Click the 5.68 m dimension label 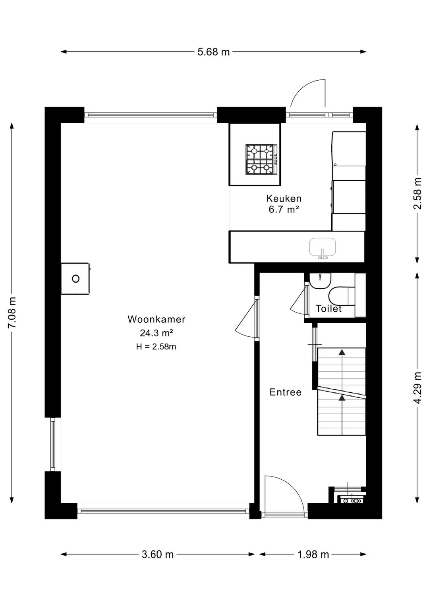(x=213, y=52)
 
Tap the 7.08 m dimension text (x=12, y=313)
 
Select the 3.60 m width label (x=158, y=555)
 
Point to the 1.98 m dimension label (x=313, y=555)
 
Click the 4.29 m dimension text (x=417, y=388)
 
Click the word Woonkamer (x=157, y=319)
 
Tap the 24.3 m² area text (x=157, y=333)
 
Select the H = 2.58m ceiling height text (x=156, y=347)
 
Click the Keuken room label (x=284, y=198)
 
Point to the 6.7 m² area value (x=284, y=210)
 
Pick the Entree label (x=286, y=392)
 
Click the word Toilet (x=329, y=309)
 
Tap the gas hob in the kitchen (x=262, y=159)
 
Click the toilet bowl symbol (x=342, y=297)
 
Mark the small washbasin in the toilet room (x=320, y=281)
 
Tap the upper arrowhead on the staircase (x=342, y=352)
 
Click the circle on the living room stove (x=75, y=278)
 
